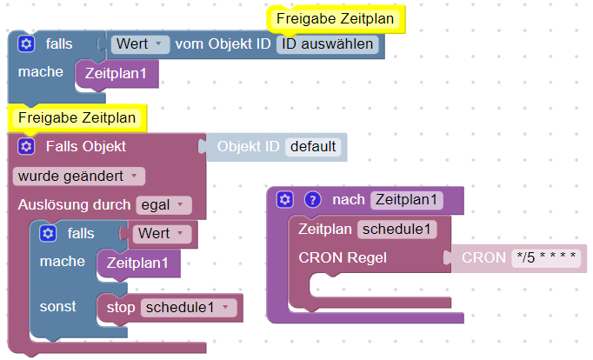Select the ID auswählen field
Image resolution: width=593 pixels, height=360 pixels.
326,43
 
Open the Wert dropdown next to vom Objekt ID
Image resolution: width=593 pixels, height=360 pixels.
140,43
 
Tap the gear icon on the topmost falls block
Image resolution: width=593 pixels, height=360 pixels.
26,43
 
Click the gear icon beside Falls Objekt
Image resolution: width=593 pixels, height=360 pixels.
26,146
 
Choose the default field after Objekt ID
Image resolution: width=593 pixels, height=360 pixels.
312,146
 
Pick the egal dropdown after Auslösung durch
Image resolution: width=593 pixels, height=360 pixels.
163,205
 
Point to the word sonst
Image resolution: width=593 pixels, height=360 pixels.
57,307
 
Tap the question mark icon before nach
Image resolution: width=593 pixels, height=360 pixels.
312,200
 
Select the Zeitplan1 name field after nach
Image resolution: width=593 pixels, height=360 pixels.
407,200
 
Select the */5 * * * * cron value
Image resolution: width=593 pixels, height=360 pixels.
544,257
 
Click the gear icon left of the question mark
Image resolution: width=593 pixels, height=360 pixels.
284,200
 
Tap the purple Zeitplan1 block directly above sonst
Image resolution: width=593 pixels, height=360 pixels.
137,262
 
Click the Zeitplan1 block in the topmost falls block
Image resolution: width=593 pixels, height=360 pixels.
117,74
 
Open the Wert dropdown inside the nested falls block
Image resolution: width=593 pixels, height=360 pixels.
163,233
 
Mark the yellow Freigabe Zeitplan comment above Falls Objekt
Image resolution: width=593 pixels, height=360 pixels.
77,117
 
